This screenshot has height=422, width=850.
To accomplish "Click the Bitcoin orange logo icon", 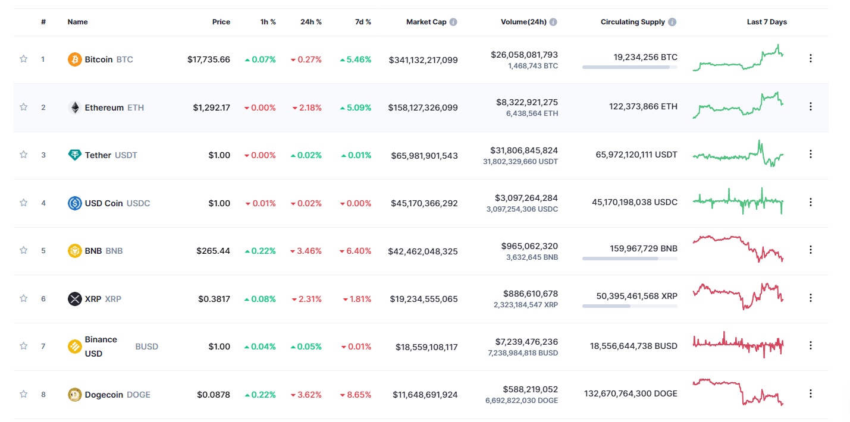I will (x=74, y=59).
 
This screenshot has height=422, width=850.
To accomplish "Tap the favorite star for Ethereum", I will (x=24, y=107).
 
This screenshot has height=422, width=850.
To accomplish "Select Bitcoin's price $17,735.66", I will (x=208, y=59).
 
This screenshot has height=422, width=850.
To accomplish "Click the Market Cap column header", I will (x=426, y=22).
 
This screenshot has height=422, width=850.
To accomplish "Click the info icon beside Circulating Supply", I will (x=672, y=22).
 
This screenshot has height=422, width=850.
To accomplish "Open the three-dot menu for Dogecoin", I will (x=810, y=393).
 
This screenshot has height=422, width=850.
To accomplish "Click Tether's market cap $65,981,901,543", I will (x=424, y=155).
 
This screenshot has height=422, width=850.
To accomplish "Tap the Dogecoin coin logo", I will (x=74, y=394).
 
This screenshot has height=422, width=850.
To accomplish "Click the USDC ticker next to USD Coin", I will (x=138, y=203).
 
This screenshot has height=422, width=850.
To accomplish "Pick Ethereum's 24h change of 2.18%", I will (x=307, y=108).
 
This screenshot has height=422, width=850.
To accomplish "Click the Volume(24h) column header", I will (x=523, y=22).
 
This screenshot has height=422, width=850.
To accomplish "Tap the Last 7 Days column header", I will (x=766, y=22).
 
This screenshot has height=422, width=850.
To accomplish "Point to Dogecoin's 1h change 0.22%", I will (x=260, y=394).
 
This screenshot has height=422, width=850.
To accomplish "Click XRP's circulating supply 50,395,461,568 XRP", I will (x=636, y=296).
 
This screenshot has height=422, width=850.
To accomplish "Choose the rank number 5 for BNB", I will (x=43, y=251).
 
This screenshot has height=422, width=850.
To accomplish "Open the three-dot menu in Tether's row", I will (x=810, y=154).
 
